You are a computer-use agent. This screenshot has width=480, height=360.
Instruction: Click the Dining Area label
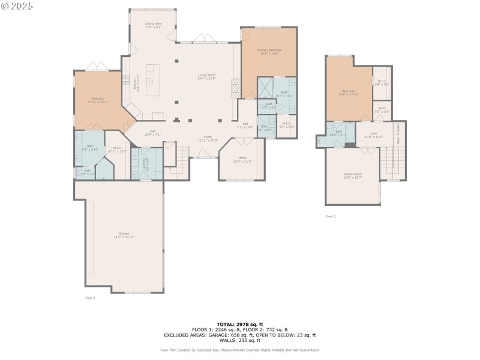[x=153, y=25]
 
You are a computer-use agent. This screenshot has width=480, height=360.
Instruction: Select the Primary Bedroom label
[x=269, y=51]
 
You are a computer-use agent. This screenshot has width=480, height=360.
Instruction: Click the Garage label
[x=124, y=235]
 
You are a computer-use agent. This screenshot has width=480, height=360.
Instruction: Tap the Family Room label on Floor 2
[x=353, y=175]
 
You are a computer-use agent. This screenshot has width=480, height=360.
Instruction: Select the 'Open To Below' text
[x=398, y=133]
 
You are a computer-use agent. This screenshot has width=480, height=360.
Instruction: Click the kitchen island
[x=150, y=81]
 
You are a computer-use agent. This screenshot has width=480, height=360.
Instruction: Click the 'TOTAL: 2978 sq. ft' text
[x=240, y=324]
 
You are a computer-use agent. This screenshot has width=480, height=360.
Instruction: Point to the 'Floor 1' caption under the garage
[x=90, y=298]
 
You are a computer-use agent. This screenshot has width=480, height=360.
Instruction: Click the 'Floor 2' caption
[x=331, y=216]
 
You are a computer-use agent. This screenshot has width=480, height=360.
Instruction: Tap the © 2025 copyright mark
[x=17, y=6]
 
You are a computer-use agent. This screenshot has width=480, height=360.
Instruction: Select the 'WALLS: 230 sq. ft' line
[x=240, y=340]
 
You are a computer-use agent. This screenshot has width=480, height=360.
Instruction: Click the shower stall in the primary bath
[x=265, y=88]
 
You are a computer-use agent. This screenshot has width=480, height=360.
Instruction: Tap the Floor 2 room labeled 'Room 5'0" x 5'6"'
[x=382, y=111]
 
